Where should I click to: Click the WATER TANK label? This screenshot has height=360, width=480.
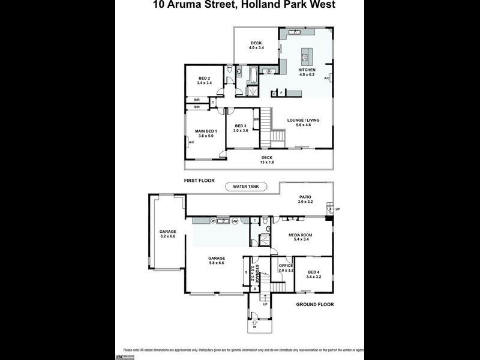coord(241,187)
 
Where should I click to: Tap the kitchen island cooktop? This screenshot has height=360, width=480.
coord(305,58)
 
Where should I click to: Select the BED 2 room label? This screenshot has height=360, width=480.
coord(205,78)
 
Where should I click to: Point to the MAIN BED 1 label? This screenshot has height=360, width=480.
coord(206,131)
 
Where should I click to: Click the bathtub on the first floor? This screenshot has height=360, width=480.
coord(253,77)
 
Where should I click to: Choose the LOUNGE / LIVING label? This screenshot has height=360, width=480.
coord(303,120)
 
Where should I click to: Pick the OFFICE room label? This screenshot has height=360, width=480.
coord(286,265)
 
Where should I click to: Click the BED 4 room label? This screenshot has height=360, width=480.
coord(314,273)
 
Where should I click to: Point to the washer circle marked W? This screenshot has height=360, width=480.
coord(213,221)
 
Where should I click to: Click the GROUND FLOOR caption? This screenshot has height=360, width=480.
coord(314,305)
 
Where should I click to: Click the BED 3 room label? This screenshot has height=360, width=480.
coord(241,125)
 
